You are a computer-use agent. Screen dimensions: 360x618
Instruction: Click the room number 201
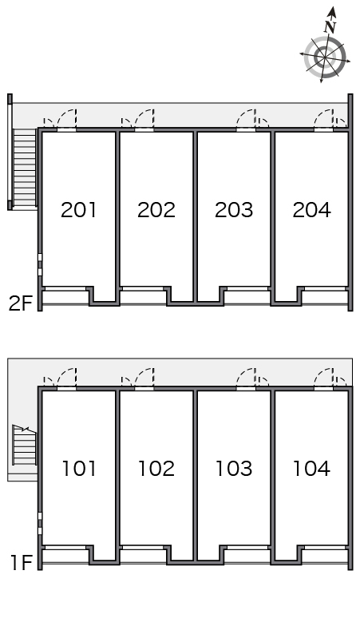pyautogui.click(x=78, y=210)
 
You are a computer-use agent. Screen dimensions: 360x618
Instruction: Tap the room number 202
pyautogui.click(x=156, y=210)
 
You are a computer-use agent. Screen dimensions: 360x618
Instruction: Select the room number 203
pyautogui.click(x=234, y=210)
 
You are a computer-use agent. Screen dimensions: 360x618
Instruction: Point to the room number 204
pyautogui.click(x=311, y=210)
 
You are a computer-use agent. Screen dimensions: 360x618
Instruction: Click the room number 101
pyautogui.click(x=79, y=468)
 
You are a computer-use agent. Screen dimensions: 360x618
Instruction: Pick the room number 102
pyautogui.click(x=156, y=468)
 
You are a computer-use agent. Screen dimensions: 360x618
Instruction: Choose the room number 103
pyautogui.click(x=234, y=468)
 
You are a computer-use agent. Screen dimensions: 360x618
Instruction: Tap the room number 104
pyautogui.click(x=311, y=468)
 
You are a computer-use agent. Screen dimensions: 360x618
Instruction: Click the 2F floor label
pyautogui.click(x=20, y=303)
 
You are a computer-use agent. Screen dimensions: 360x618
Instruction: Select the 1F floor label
pyautogui.click(x=21, y=562)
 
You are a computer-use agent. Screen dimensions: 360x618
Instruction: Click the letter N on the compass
pyautogui.click(x=330, y=26)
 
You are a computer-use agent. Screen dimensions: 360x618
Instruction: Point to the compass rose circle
pyautogui.click(x=325, y=57)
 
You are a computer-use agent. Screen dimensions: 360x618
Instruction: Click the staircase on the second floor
pyautogui.click(x=25, y=168)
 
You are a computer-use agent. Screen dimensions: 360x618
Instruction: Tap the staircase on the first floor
pyautogui.click(x=25, y=445)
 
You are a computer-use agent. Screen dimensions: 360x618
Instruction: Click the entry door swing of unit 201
pyautogui.click(x=67, y=118)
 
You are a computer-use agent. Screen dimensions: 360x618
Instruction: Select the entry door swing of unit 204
pyautogui.click(x=324, y=118)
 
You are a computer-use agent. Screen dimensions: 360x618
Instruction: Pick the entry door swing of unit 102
pyautogui.click(x=144, y=377)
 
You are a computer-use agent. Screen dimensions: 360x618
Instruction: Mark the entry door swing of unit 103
pyautogui.click(x=246, y=377)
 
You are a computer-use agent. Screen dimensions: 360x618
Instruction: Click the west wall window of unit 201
pyautogui.click(x=40, y=265)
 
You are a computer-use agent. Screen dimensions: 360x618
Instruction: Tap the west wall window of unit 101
pyautogui.click(x=40, y=524)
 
